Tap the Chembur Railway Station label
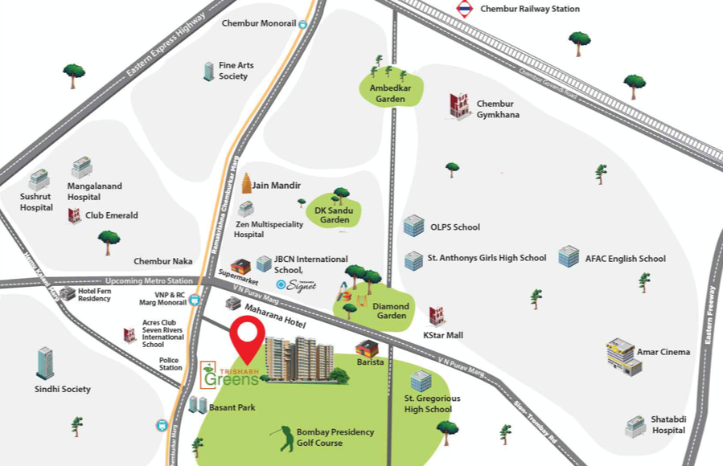[x=529, y=9]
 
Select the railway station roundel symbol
[x=464, y=9]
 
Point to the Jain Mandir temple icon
[x=246, y=184]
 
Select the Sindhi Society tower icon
[x=45, y=364]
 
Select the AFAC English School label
[x=625, y=259]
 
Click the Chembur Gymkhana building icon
[x=459, y=106]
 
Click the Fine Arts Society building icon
[x=208, y=72]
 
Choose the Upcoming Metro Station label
[x=149, y=280]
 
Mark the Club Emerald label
[x=112, y=215]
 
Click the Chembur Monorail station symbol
[x=302, y=25]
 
